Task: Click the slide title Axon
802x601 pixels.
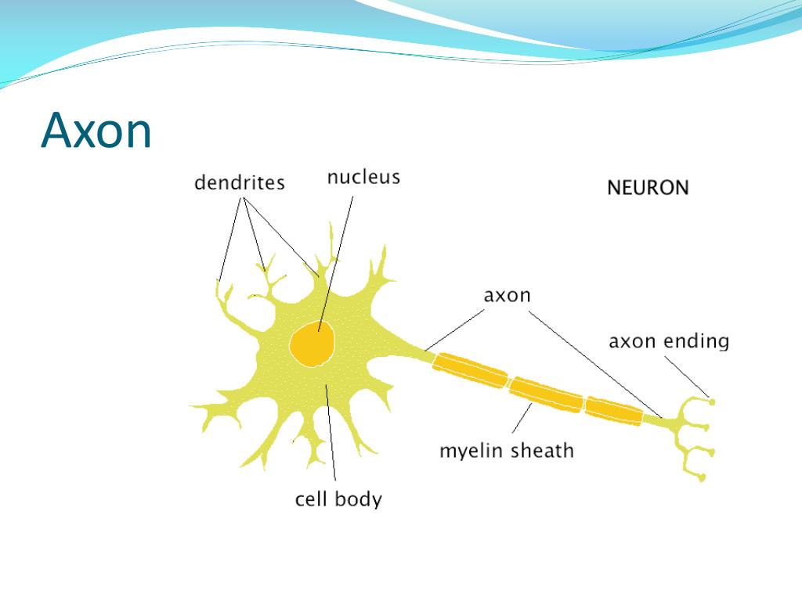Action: (x=96, y=131)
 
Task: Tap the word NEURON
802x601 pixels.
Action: (x=648, y=188)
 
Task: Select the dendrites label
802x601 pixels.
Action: (x=239, y=183)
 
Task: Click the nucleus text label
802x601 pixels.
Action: (x=363, y=177)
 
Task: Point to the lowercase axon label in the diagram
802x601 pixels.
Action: (x=507, y=296)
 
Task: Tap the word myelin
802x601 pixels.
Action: (x=471, y=452)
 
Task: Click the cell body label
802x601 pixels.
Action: (x=338, y=498)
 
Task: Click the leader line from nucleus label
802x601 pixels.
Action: (x=337, y=258)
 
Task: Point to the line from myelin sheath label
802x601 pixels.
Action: (x=520, y=421)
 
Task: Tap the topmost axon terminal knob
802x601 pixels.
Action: (x=712, y=401)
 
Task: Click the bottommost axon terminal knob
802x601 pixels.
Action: (x=703, y=477)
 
